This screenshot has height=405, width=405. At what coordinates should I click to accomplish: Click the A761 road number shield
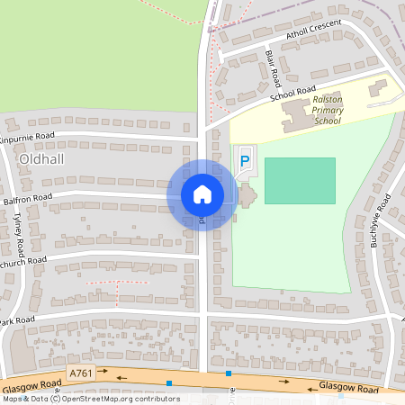pyautogui.click(x=81, y=372)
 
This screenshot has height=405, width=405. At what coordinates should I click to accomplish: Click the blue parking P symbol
pyautogui.click(x=245, y=161)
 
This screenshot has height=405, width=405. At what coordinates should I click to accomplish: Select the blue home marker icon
pyautogui.click(x=202, y=194)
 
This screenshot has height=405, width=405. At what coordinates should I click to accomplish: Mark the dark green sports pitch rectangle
pyautogui.click(x=300, y=180)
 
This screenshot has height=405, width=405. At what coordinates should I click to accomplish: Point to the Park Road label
pyautogui.click(x=16, y=319)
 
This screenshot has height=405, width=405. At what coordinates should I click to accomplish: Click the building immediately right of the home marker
pyautogui.click(x=246, y=195)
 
